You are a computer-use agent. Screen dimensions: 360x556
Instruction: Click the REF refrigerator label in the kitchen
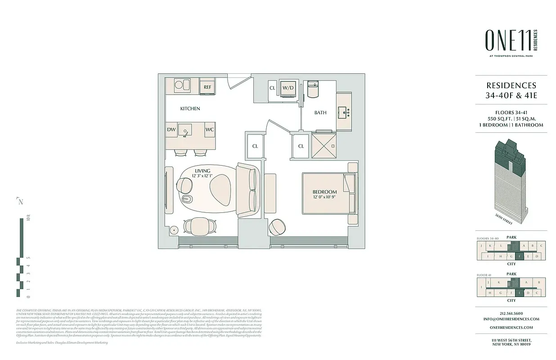click(x=207, y=87)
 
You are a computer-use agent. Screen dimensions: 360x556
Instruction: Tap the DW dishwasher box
click(x=171, y=130)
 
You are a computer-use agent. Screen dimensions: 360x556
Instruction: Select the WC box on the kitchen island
click(x=210, y=130)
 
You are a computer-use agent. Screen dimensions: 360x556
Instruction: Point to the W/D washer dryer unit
click(x=288, y=88)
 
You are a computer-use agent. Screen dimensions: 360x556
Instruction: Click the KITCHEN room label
click(x=190, y=109)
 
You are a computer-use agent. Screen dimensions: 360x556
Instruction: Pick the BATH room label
click(x=320, y=113)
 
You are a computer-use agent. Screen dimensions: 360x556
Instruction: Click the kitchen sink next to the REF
click(x=182, y=85)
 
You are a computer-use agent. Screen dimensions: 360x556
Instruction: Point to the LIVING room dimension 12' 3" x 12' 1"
click(x=202, y=176)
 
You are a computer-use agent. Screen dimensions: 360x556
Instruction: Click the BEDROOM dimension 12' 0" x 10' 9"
click(x=325, y=197)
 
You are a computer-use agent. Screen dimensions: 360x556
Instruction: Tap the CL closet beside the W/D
click(x=272, y=88)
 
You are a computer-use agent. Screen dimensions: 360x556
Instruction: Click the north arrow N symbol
click(x=20, y=202)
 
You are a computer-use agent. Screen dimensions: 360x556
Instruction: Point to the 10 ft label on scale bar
click(x=28, y=220)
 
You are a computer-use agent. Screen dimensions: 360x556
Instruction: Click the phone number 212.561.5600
click(x=511, y=313)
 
